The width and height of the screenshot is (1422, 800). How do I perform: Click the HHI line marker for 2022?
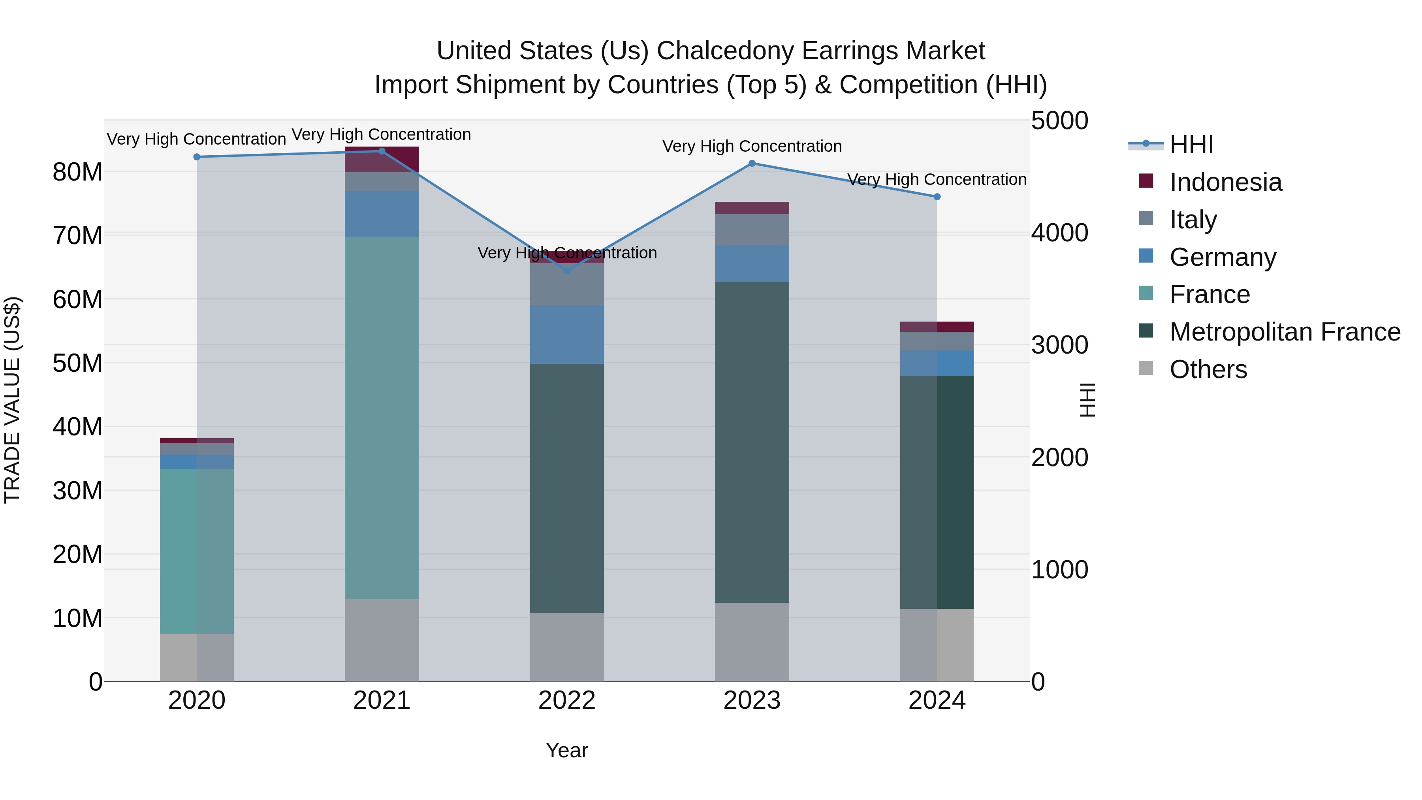click(x=567, y=271)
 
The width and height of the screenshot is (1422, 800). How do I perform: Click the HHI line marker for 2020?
click(x=197, y=157)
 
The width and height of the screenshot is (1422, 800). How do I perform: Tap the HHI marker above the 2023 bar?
click(x=752, y=164)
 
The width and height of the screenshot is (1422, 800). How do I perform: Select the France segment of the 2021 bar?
click(x=382, y=418)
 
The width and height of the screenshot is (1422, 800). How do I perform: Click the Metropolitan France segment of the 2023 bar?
click(x=752, y=442)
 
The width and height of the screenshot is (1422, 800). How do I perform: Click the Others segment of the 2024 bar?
click(x=937, y=645)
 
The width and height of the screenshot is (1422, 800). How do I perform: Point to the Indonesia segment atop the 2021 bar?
click(x=382, y=160)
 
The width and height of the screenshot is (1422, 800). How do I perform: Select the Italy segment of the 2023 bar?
click(x=752, y=230)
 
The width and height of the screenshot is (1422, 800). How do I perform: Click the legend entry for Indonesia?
click(x=1225, y=182)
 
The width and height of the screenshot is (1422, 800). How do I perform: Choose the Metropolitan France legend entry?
click(x=1285, y=332)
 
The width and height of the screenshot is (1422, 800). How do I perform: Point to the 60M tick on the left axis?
click(x=77, y=300)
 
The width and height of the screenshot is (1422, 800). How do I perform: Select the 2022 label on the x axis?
click(x=567, y=700)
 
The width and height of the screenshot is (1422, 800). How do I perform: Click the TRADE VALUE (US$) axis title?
click(x=13, y=400)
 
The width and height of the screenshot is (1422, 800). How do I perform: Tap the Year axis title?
click(x=567, y=750)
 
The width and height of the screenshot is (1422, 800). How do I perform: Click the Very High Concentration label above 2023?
click(x=752, y=146)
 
